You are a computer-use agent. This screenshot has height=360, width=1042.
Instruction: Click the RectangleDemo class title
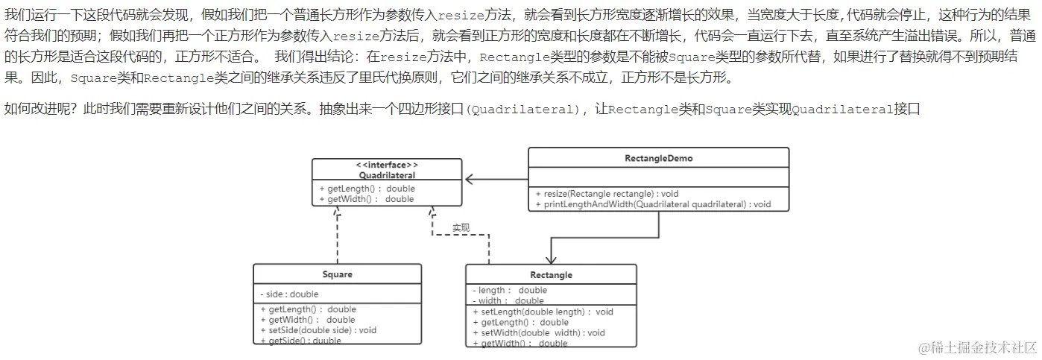click(x=658, y=159)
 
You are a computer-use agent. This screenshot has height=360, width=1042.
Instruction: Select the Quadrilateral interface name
click(x=387, y=175)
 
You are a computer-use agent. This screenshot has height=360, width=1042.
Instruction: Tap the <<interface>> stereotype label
click(x=387, y=165)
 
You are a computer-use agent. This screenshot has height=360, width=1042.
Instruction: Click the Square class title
click(x=337, y=274)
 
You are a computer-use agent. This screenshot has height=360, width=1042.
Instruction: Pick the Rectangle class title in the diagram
click(x=552, y=275)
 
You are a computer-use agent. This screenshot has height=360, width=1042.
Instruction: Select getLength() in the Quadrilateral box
click(x=367, y=189)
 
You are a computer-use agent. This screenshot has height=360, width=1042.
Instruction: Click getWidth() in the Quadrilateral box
click(x=366, y=199)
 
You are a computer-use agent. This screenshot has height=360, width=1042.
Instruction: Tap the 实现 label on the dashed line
click(x=461, y=227)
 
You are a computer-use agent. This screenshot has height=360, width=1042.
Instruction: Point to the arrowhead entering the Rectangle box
click(x=551, y=259)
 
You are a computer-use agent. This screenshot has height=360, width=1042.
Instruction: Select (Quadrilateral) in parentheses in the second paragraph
click(x=522, y=110)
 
